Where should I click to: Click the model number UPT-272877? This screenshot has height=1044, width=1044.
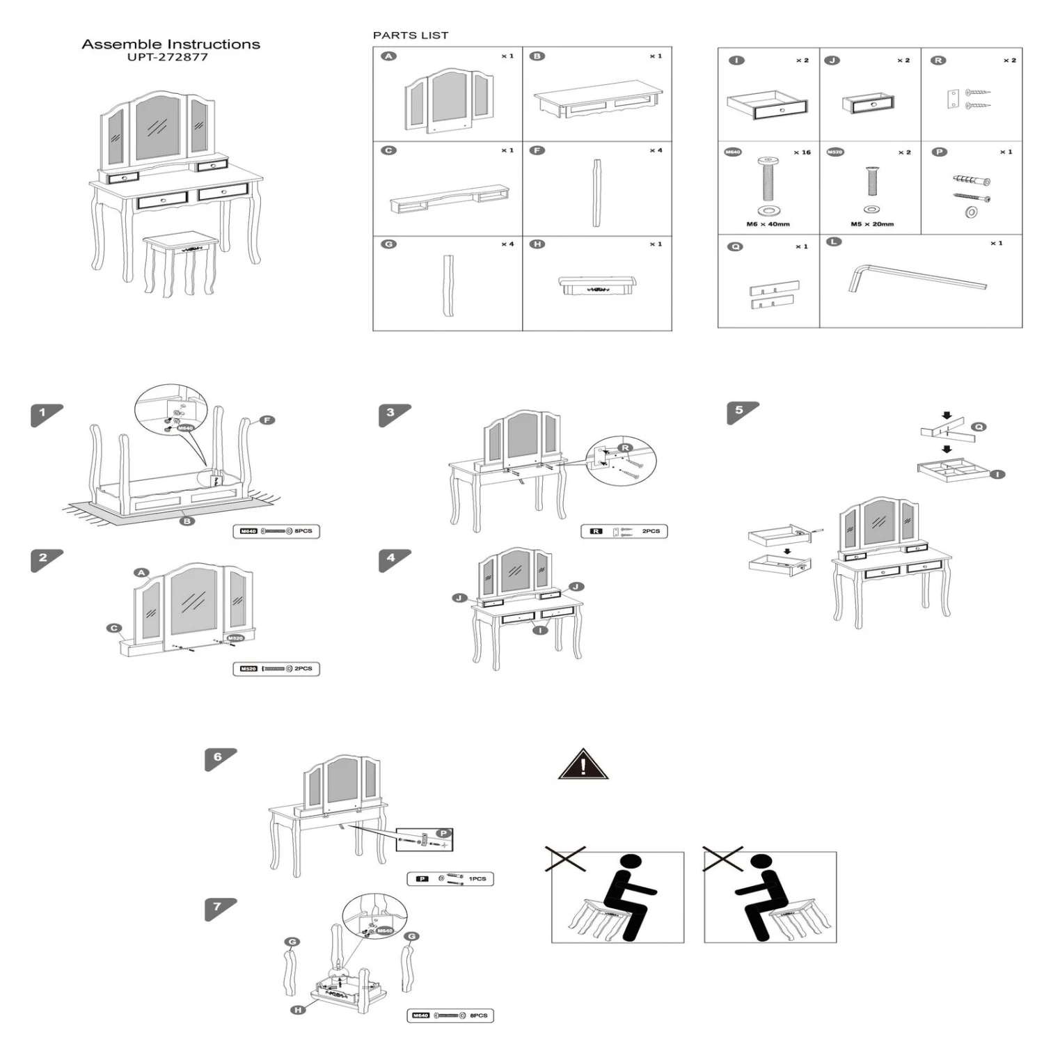click(x=167, y=57)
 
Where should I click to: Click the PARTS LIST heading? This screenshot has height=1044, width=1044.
click(x=411, y=35)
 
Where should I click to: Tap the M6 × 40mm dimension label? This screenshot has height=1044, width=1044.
click(x=768, y=224)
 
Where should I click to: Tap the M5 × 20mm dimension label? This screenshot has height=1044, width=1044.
click(x=872, y=224)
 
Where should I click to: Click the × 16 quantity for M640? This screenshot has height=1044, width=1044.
click(x=802, y=152)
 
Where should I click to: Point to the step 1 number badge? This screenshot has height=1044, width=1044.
click(x=43, y=413)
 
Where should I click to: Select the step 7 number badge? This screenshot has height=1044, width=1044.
click(x=218, y=907)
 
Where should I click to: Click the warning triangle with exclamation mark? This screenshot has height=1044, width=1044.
click(x=583, y=765)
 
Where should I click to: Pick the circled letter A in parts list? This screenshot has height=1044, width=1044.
click(x=389, y=56)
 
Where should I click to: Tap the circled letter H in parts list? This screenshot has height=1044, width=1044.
click(x=537, y=244)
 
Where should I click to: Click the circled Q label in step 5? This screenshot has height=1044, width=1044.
click(x=979, y=427)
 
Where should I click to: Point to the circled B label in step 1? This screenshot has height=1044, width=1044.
click(x=187, y=521)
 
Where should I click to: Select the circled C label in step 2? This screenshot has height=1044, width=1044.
click(x=114, y=628)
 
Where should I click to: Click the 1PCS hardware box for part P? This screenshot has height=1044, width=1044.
click(x=450, y=879)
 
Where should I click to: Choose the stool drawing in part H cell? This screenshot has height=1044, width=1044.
click(x=597, y=285)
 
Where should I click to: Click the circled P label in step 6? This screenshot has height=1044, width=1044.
click(x=443, y=833)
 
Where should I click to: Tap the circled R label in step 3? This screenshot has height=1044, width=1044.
click(x=625, y=448)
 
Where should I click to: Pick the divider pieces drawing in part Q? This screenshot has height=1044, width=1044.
click(x=773, y=295)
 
